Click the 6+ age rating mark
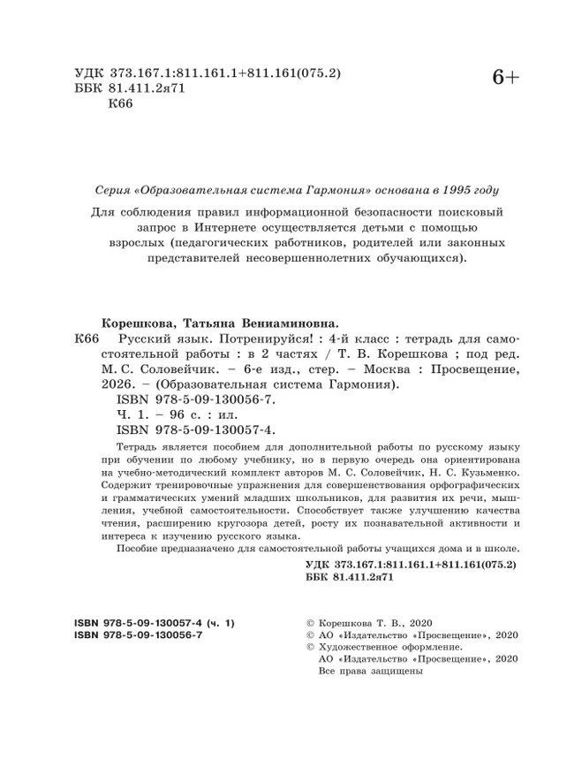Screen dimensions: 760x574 [x=506, y=80]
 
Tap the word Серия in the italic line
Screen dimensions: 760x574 [x=112, y=189]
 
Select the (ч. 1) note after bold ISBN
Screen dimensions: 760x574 [x=217, y=623]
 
